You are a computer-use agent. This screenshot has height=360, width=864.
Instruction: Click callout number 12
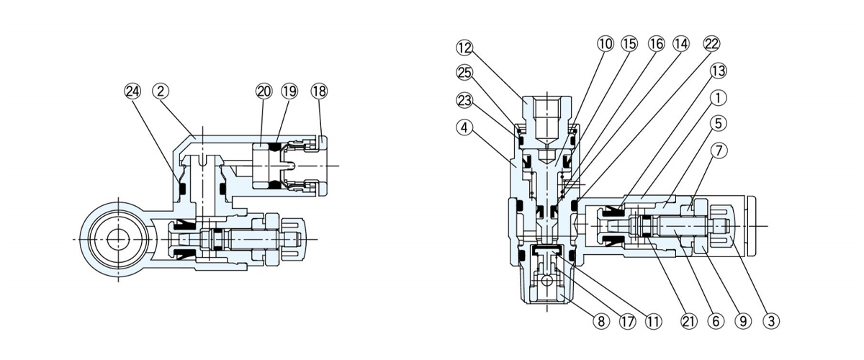[x=464, y=48]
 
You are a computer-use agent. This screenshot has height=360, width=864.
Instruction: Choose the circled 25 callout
[x=464, y=72]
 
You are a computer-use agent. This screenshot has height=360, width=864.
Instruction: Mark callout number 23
[x=464, y=100]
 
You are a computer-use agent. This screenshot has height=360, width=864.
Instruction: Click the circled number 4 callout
[x=464, y=127]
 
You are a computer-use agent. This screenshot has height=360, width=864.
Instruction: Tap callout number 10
[x=605, y=44]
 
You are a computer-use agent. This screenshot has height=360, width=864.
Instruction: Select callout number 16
[x=655, y=44]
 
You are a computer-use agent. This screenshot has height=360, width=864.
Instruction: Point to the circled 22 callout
[x=711, y=44]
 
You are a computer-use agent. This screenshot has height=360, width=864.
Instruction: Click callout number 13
[x=718, y=71]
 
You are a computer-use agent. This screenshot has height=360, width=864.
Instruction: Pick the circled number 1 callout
[x=718, y=97]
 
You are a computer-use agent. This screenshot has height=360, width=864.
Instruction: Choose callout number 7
[x=718, y=151]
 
